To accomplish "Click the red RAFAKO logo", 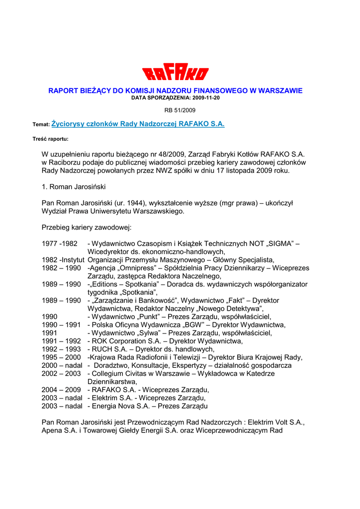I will point(176,74).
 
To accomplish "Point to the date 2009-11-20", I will point(204,98).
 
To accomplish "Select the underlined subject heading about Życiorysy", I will point(138,124).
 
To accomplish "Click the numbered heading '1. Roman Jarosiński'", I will point(74,187).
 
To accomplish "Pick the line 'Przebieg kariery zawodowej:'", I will point(87,227).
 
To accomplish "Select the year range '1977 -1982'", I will point(60,244).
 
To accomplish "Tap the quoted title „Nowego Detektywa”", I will point(233,309).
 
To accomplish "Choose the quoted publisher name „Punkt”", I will point(149,317).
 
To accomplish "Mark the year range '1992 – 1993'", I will point(61,349).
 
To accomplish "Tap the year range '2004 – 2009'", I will point(61,390).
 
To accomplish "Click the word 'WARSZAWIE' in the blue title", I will point(279,90).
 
